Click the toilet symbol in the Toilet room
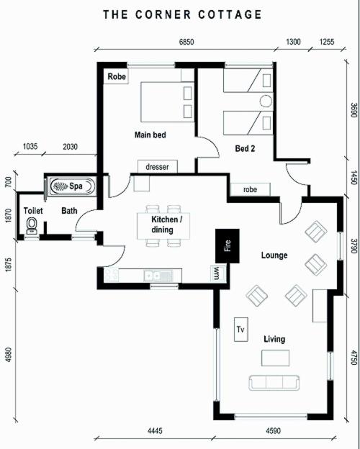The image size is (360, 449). [32, 226]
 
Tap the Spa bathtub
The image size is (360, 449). [72, 186]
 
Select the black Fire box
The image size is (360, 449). [228, 246]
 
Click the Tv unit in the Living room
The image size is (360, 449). [241, 330]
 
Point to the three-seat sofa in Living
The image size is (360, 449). [274, 383]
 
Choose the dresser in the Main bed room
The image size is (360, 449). [158, 167]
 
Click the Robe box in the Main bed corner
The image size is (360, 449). [116, 76]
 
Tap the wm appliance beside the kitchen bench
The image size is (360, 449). [217, 273]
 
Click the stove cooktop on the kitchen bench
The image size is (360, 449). [111, 275]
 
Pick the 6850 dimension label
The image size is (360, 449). [186, 42]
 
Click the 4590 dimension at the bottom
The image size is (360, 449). [273, 431]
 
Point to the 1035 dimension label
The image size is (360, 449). [30, 147]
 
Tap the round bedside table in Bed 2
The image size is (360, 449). [266, 101]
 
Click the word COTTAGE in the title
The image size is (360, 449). [230, 14]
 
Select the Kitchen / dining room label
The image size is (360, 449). [166, 224]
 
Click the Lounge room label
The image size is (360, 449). [274, 255]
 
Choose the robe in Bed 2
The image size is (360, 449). [251, 189]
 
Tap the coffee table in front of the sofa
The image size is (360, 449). [275, 358]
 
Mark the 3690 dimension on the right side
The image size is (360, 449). [354, 110]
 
